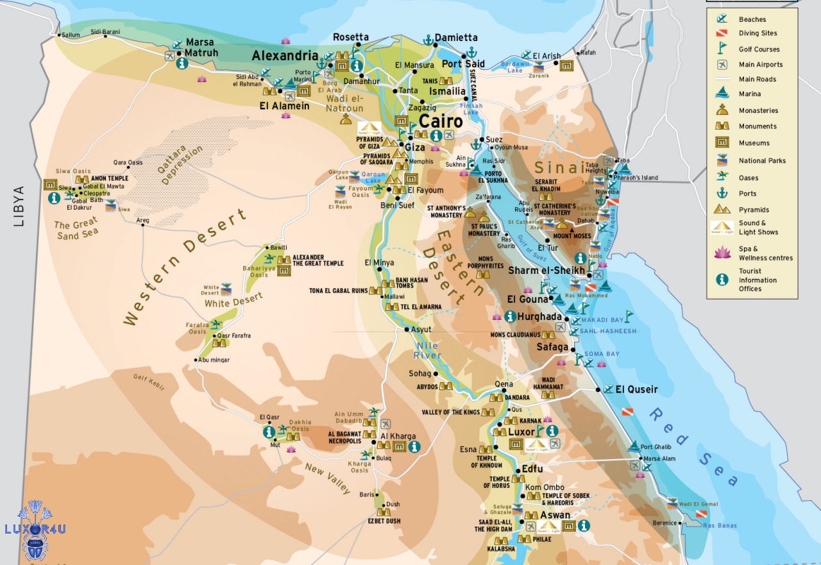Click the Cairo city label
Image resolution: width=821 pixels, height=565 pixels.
pos(441,121)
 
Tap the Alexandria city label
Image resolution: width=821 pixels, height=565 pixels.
pos(285,56)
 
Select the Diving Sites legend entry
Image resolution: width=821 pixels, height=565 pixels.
pos(758,33)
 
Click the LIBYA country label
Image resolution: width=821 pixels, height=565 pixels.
pos(17,207)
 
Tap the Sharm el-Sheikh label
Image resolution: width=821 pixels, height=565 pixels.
pos(546,271)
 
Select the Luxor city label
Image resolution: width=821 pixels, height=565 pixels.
pos(521,432)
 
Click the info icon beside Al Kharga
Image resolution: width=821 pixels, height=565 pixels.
pos(414,446)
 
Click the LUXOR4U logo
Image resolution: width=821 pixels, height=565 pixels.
pos(35,530)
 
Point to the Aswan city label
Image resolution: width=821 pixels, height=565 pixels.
pos(555,515)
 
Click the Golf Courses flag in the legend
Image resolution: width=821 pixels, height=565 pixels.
pos(722,49)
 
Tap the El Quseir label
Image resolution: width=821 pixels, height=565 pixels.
pos(636,389)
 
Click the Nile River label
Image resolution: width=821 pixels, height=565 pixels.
pos(427,350)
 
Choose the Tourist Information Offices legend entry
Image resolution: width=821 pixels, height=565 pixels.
pos(758,280)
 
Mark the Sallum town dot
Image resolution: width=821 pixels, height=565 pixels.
pos(58,35)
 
